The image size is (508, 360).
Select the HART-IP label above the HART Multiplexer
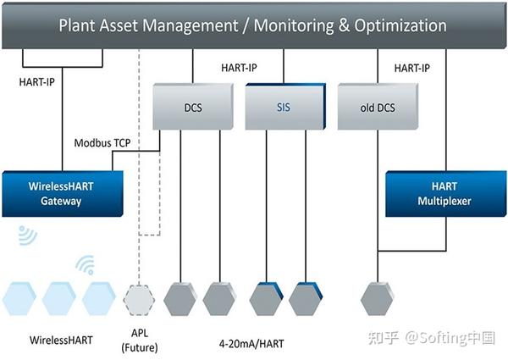point(411,68)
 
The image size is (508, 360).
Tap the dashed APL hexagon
point(141,299)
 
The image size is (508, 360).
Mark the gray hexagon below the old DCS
point(378,299)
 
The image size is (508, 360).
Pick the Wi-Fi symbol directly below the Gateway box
point(28,235)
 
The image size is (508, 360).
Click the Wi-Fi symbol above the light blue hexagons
point(86,266)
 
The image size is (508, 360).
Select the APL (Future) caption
point(141,341)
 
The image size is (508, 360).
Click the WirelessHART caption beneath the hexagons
point(61,341)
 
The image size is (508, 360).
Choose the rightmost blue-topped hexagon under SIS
point(305,299)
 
